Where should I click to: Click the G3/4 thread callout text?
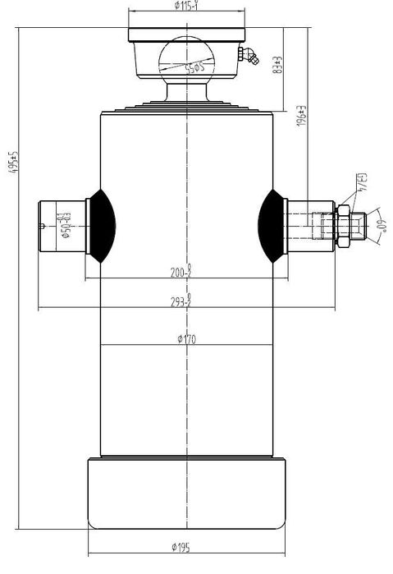coord(361,182)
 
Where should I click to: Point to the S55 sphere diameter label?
coord(194,66)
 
